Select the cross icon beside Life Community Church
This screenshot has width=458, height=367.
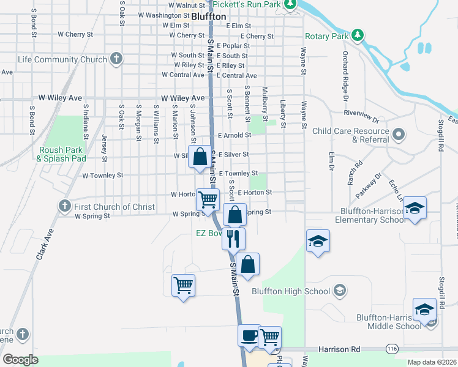coord(116,59)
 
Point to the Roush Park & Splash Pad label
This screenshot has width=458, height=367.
coord(61,154)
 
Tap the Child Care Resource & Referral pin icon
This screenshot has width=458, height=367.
coord(399,133)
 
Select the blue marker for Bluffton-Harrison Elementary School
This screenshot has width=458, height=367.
coord(415,209)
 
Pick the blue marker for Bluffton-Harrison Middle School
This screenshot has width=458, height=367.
coord(424,310)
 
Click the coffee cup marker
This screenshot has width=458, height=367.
coord(249,336)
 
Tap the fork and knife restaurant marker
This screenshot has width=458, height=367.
coord(233,239)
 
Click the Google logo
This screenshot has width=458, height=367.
coord(20,359)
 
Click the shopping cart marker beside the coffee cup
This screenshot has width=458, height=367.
coord(269,336)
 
